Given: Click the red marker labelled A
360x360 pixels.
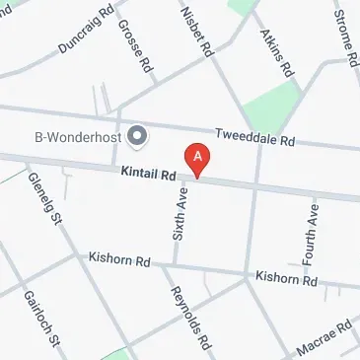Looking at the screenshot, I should [198, 160].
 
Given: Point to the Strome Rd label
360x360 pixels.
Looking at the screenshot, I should [344, 34].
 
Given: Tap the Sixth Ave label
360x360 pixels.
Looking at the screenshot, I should [180, 218].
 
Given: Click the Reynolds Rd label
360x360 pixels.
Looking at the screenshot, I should [189, 319].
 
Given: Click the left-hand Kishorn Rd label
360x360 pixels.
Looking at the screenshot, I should [118, 262].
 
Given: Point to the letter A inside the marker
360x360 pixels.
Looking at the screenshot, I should [198, 155].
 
